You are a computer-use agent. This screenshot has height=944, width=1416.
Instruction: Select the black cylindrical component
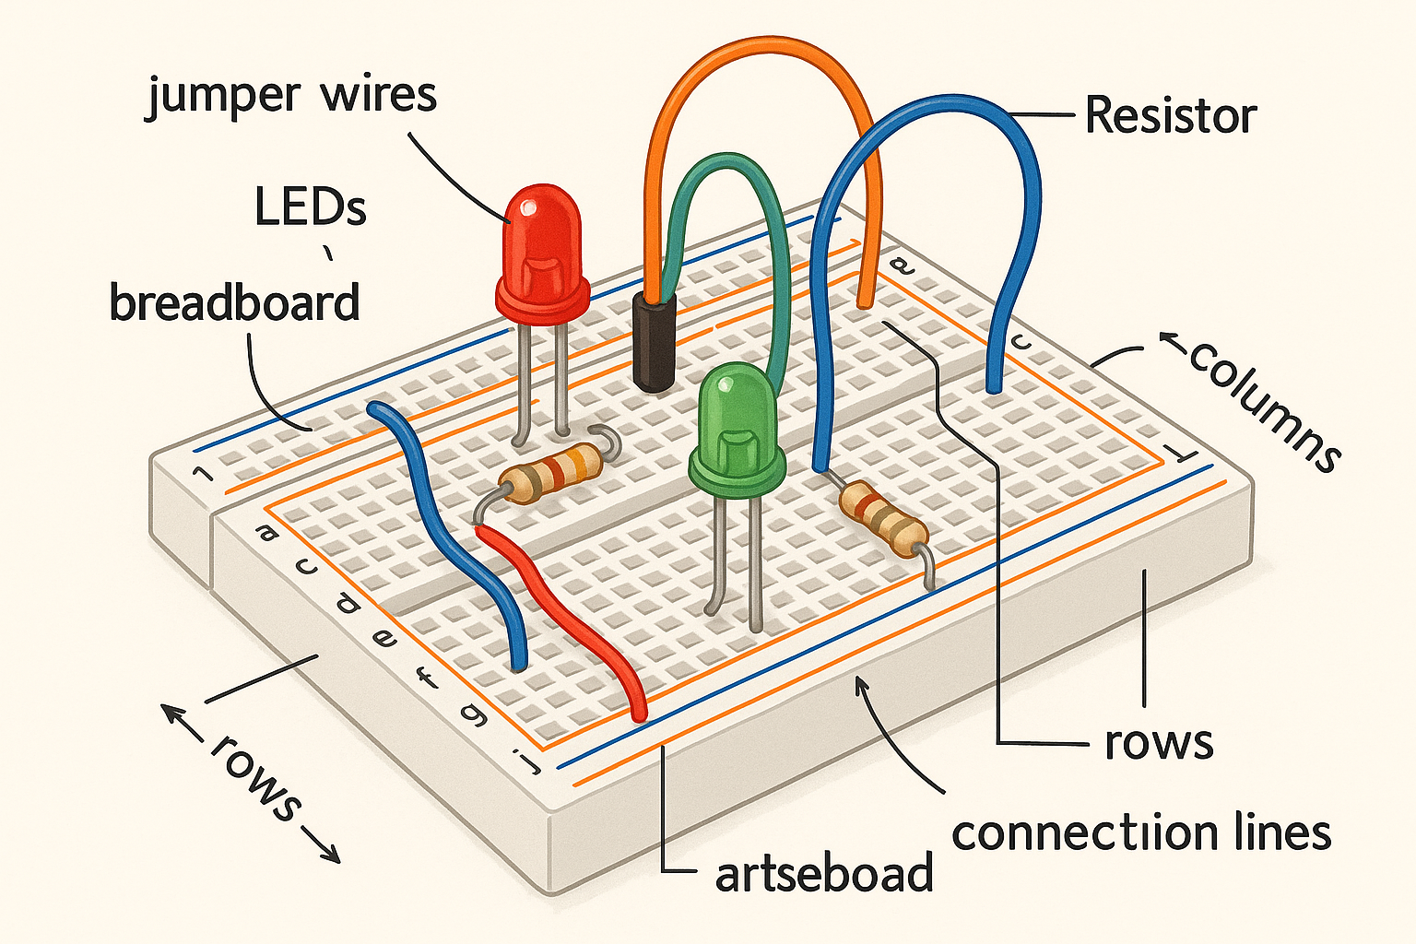tap(655, 341)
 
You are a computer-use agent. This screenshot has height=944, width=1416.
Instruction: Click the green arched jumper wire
tap(728, 166)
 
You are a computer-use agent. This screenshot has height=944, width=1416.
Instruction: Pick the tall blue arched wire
tap(931, 106)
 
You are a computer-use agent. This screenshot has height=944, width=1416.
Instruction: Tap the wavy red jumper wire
tap(562, 608)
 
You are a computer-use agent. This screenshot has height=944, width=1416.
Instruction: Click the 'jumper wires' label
tap(291, 96)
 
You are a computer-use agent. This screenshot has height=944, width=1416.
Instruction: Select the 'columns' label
tap(1263, 406)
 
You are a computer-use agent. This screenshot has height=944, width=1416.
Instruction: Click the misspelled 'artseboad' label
tap(823, 873)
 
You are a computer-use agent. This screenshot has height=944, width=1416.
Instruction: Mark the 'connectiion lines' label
tap(1141, 832)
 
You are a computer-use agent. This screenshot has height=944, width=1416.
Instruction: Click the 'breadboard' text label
tap(234, 302)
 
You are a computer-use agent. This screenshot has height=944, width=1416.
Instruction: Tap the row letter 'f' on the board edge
tap(425, 678)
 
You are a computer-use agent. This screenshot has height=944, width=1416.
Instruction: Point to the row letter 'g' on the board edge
tap(475, 714)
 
